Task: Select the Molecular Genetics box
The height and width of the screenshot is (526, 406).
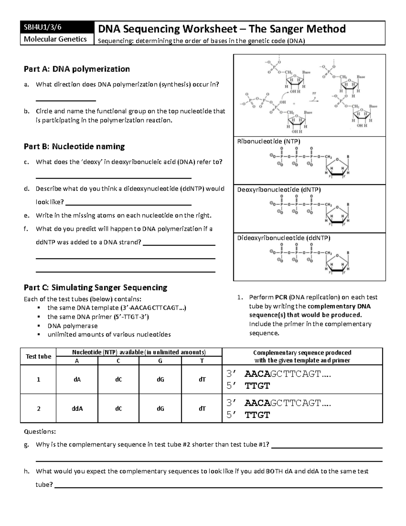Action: [55, 39]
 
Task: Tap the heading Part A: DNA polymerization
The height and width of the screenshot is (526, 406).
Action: [76, 69]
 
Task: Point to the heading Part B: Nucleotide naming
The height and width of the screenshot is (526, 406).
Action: [74, 146]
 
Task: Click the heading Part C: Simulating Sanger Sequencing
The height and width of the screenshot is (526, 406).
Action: [95, 288]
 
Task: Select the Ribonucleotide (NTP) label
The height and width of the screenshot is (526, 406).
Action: [269, 141]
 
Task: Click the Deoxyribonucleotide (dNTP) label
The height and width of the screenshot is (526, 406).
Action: [279, 190]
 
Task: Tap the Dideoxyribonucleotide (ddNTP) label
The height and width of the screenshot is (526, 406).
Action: [284, 238]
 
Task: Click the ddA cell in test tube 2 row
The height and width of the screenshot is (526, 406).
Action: [77, 408]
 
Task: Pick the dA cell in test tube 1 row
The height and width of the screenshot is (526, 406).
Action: [77, 379]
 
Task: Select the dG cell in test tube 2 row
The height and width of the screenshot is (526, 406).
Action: [160, 408]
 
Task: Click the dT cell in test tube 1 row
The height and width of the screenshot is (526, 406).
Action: [202, 379]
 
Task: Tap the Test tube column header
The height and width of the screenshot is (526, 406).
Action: [38, 356]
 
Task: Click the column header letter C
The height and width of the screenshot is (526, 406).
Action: [118, 361]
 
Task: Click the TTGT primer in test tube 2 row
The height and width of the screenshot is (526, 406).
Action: [257, 415]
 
